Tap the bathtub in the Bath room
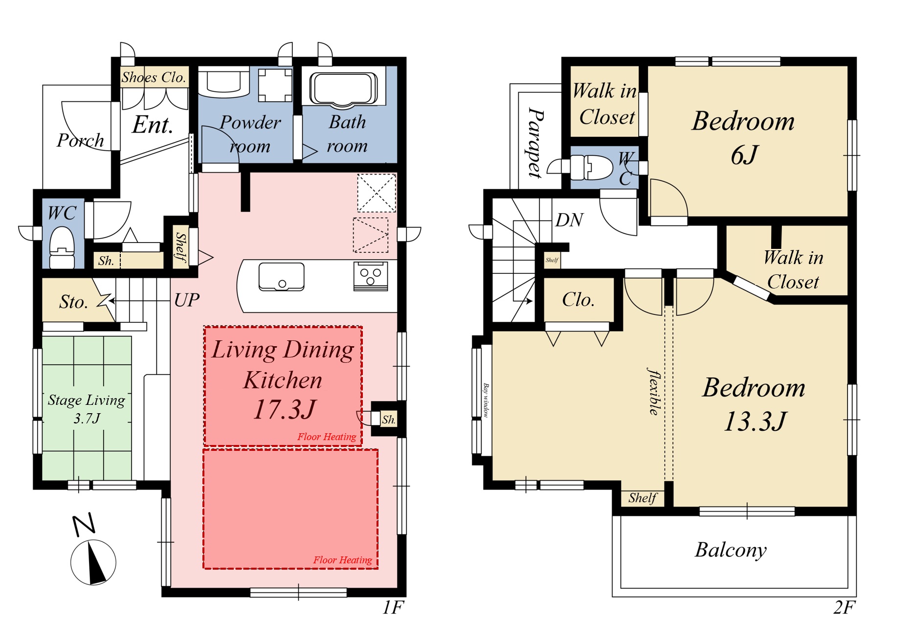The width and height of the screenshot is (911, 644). click(344, 89)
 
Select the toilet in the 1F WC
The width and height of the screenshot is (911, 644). click(62, 248)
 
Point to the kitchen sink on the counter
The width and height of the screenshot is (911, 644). click(281, 277)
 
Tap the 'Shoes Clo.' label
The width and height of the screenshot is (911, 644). click(154, 77)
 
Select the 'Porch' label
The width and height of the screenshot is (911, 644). click(80, 140)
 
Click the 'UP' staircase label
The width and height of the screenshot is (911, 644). click(187, 300)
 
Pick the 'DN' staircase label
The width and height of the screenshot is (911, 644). click(569, 220)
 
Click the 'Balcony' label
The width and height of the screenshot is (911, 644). click(731, 550)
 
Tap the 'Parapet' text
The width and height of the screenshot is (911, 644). click(536, 143)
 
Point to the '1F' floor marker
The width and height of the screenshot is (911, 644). click(393, 607)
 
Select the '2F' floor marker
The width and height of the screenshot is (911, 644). click(844, 607)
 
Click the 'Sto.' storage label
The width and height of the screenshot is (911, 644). click(73, 302)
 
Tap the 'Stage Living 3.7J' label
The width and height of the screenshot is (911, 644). click(87, 409)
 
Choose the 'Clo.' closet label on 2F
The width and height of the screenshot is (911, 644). click(578, 299)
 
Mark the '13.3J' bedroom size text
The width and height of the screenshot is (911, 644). click(755, 422)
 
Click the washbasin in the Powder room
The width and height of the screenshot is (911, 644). click(224, 82)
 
